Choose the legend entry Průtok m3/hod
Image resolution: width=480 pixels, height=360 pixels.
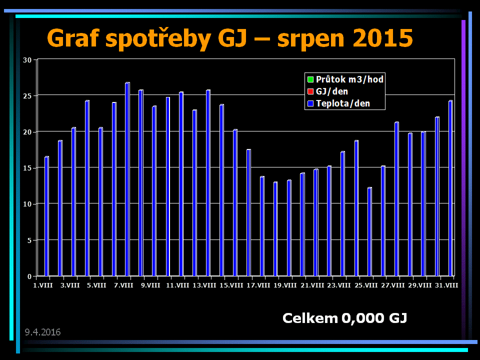click(349, 79)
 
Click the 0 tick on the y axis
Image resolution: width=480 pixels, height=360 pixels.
click(29, 276)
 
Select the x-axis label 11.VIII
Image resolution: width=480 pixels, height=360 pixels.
click(177, 285)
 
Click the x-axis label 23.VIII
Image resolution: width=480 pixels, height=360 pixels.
click(339, 285)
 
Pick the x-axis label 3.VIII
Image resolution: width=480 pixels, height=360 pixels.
click(70, 285)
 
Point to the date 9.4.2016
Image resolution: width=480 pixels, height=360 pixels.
click(42, 332)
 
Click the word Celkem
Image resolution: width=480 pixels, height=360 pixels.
click(310, 318)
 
